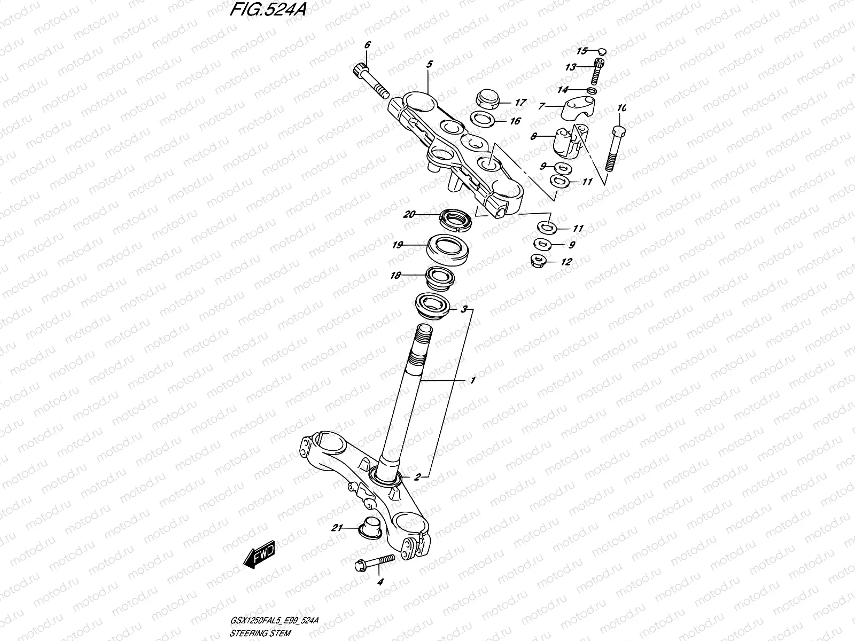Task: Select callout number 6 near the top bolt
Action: pyautogui.click(x=367, y=45)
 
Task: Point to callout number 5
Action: pyautogui.click(x=430, y=64)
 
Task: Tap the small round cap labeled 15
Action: pyautogui.click(x=602, y=51)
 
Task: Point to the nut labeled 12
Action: pyautogui.click(x=541, y=261)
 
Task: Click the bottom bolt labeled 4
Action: pyautogui.click(x=374, y=561)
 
